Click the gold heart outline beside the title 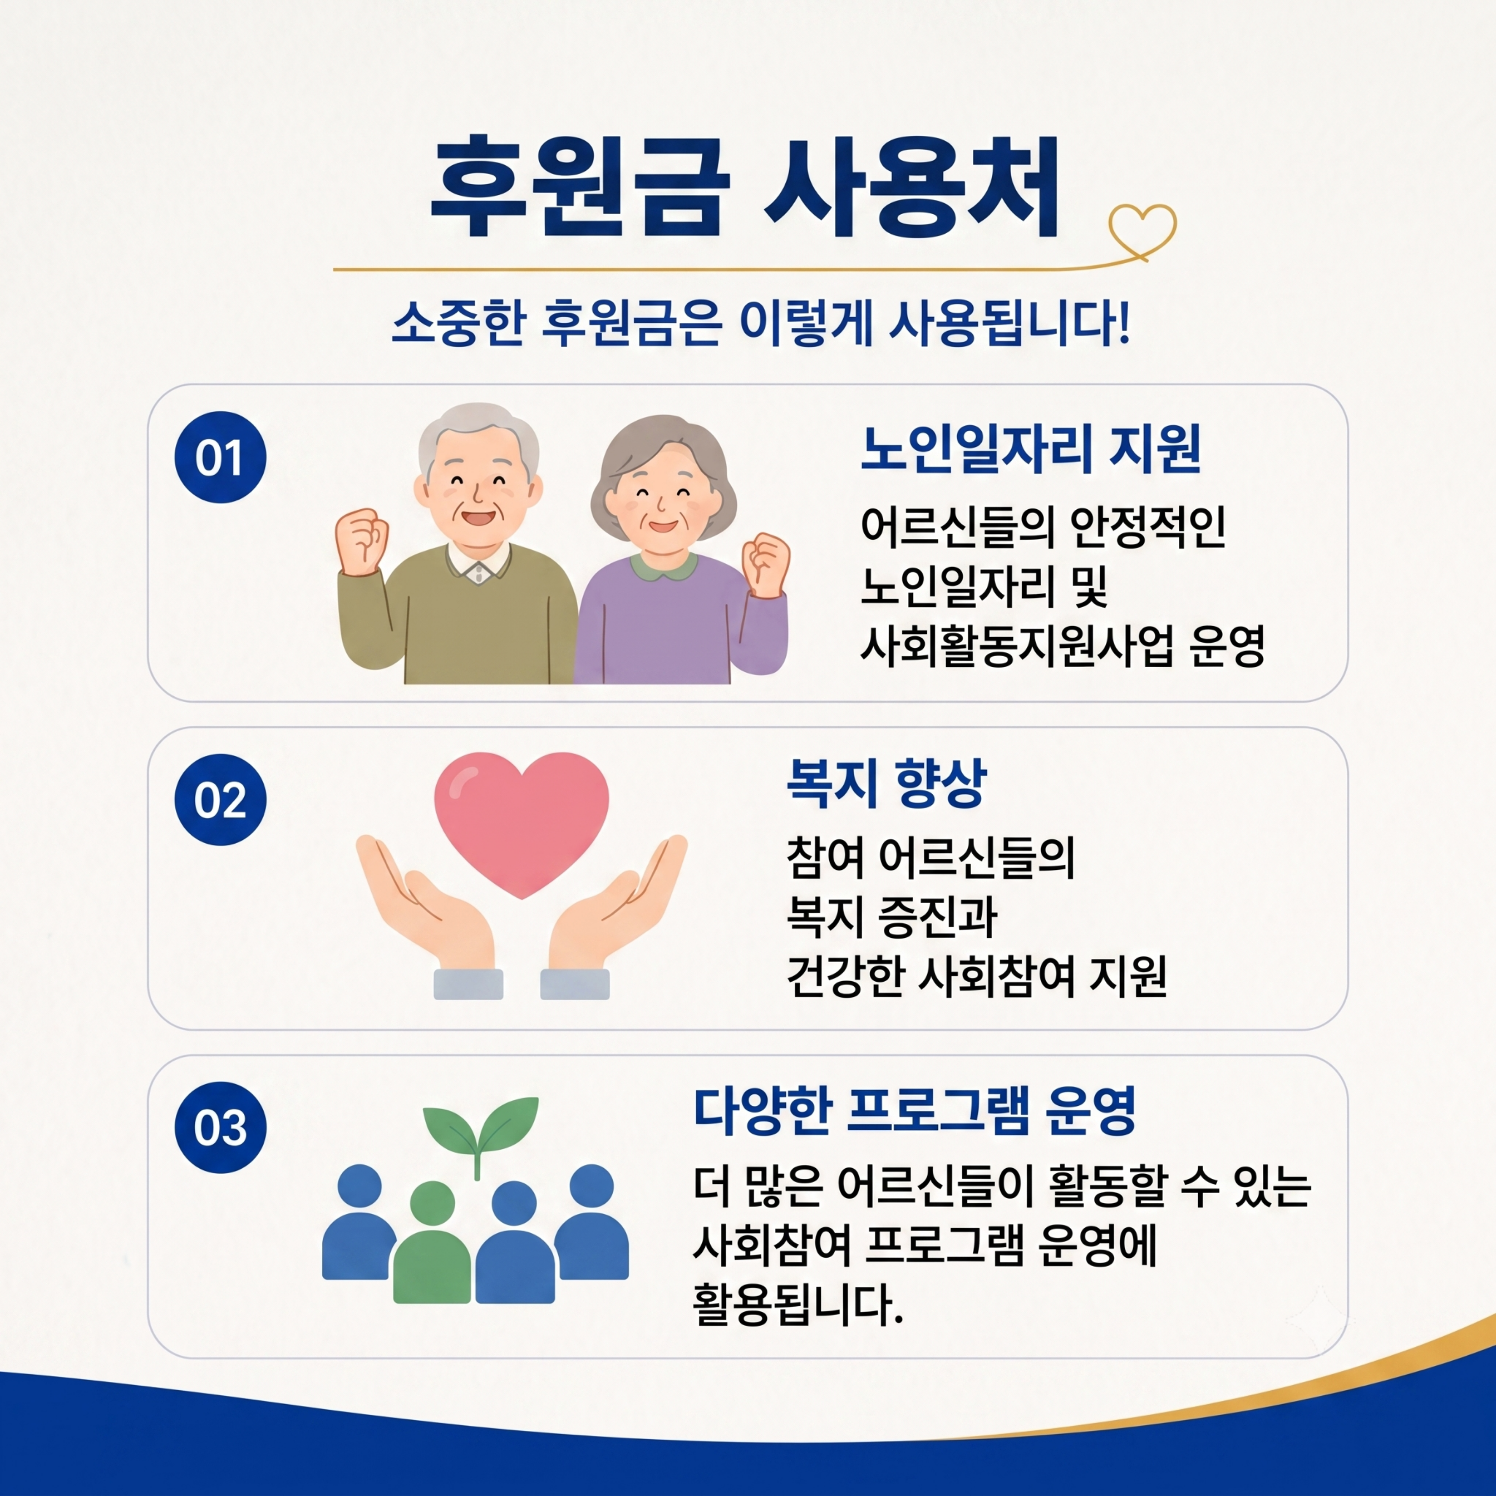(1142, 230)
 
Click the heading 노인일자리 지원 (1031, 449)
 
